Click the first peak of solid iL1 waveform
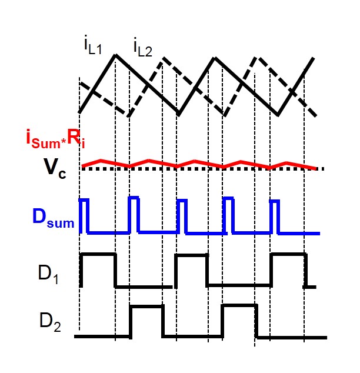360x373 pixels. point(116,55)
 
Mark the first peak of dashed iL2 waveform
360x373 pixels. point(163,58)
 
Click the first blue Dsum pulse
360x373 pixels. point(85,201)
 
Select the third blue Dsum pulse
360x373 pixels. point(182,201)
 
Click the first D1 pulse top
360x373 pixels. point(98,255)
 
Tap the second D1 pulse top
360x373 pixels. point(192,255)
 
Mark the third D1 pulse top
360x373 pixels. point(288,255)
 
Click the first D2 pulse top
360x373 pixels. point(146,306)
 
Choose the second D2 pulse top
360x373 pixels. point(239,305)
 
